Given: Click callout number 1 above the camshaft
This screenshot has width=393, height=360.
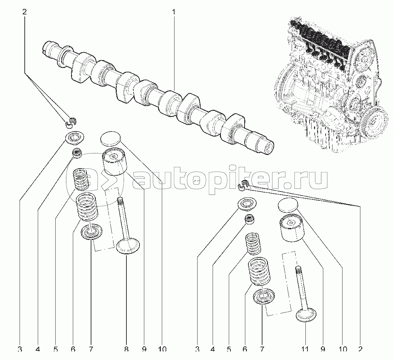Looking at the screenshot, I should pos(173,12).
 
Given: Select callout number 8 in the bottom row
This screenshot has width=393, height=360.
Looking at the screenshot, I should pos(126,349).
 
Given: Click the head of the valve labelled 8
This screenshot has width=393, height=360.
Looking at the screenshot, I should pos(128,247).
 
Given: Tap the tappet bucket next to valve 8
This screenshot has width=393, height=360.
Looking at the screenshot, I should pos(113,162).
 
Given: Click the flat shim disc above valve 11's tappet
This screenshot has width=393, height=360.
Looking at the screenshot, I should pos(288,205).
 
